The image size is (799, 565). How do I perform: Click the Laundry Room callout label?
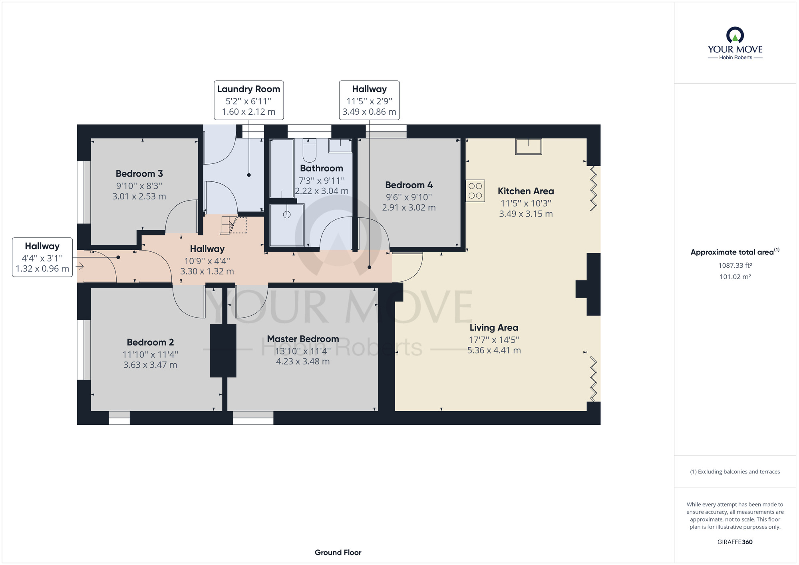coord(248,89)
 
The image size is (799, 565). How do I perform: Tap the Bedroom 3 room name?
coord(139,174)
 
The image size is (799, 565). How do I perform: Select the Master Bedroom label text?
coord(303,339)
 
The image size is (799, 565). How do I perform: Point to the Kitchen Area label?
coord(526,191)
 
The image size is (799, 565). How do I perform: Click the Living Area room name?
coord(494,328)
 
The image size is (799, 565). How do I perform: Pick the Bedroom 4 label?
coord(409,185)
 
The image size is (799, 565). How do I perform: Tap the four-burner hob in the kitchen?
coord(475,191)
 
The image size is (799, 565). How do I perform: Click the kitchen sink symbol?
coord(529,146)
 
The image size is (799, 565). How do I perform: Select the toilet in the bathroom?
coord(310,150)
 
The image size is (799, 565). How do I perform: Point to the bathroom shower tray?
coord(287,225)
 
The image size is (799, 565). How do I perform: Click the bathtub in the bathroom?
coord(282,168)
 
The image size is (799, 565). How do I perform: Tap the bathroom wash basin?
coord(340,145)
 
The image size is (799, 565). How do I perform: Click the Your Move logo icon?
coord(735,35)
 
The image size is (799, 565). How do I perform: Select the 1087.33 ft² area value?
coord(735,265)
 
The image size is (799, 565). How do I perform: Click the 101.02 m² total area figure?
coord(735,277)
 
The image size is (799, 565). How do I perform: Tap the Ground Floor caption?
coord(338,553)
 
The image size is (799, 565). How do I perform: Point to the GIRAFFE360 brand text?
coord(735,542)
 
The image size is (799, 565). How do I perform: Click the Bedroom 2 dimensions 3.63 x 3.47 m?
coord(150,365)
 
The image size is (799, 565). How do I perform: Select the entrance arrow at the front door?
coord(80,266)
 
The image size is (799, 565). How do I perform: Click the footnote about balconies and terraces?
coord(735,472)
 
